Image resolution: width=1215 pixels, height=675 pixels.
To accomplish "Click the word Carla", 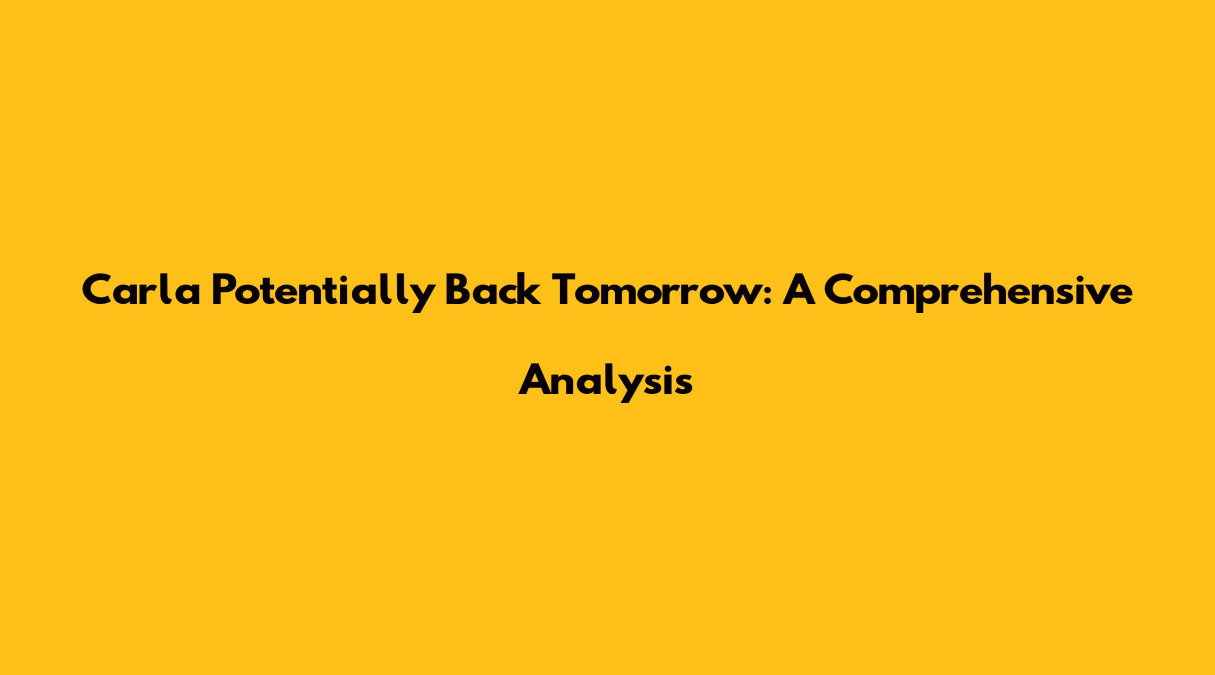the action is pos(141,290).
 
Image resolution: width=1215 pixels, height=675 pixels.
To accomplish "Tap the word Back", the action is pos(492,290).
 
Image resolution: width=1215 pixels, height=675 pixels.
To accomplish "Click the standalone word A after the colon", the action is pos(800,290).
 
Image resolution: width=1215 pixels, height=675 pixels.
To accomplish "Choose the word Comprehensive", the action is pos(979,292).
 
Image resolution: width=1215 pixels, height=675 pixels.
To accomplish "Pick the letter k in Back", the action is pos(530,290).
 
